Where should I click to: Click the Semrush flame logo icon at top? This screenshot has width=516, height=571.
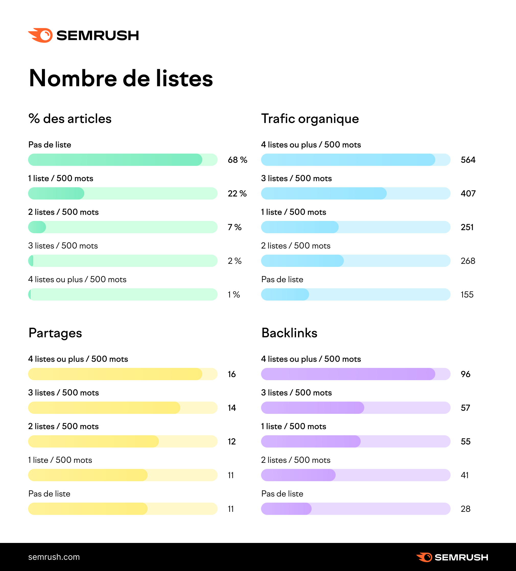41,35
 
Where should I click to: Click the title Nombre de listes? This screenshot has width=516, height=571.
121,79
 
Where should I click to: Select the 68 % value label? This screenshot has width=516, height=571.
237,160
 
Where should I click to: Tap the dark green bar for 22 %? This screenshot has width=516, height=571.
56,193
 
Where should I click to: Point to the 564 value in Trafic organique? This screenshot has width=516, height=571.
468,160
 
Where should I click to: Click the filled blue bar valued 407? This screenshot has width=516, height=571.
323,193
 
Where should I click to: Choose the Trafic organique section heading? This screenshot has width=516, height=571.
310,119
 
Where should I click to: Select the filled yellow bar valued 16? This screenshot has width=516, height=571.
115,374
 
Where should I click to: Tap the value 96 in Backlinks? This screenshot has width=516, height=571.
465,374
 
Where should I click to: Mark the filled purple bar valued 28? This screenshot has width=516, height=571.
286,509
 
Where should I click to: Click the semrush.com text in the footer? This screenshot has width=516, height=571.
54,557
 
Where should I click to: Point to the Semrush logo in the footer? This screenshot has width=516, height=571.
452,557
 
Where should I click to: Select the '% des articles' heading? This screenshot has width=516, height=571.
70,119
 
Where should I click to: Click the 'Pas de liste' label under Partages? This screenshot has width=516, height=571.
49,494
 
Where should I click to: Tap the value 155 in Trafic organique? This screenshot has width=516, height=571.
467,295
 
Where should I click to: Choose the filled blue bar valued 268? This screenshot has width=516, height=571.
302,261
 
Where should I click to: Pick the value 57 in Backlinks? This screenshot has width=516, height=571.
465,408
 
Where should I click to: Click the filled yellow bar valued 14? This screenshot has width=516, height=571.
104,408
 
